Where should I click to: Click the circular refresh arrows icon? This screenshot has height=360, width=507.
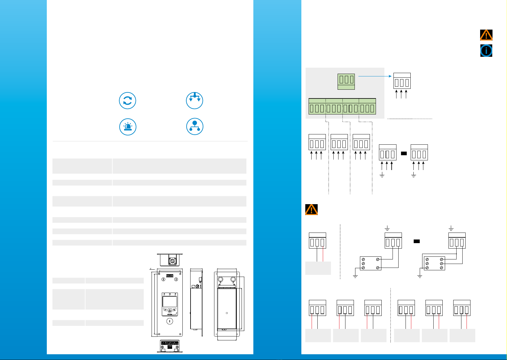(127, 101)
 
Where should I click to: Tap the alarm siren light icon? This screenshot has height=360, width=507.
(128, 127)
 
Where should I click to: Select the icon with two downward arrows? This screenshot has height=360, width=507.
(194, 101)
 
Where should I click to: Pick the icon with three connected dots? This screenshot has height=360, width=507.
(195, 127)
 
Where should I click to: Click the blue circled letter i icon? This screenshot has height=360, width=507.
(486, 51)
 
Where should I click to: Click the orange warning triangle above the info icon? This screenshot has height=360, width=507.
(486, 35)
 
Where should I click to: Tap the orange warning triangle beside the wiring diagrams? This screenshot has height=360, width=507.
(311, 209)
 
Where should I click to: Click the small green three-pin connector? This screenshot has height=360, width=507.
(346, 82)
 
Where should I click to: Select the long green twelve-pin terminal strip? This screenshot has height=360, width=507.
(342, 107)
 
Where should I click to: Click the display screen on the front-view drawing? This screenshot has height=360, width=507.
(170, 302)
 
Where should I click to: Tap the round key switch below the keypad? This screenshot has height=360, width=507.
(170, 321)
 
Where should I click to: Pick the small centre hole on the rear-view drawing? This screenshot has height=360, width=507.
(227, 313)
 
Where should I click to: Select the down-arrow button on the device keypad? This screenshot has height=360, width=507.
(170, 312)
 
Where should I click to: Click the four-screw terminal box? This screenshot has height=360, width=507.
(371, 263)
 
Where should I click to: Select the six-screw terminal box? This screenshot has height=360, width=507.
(434, 263)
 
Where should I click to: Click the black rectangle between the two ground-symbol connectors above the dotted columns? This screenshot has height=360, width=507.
(404, 153)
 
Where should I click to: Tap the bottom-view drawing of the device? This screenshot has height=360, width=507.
(170, 346)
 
